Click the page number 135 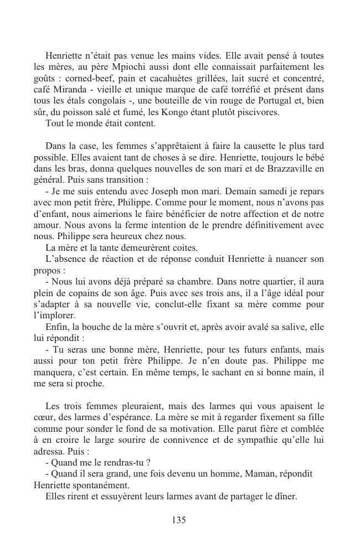click(x=179, y=520)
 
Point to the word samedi click(x=264, y=191)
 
